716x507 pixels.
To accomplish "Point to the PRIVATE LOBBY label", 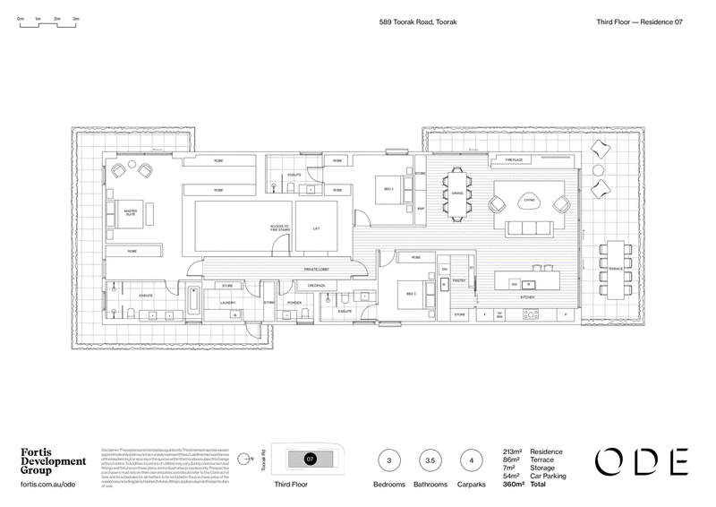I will [x=318, y=268].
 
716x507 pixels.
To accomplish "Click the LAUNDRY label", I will [x=226, y=303].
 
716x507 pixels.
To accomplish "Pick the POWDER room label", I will [x=294, y=303].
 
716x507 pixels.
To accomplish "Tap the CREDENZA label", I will [x=316, y=286].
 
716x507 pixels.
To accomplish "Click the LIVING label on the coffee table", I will [x=530, y=201].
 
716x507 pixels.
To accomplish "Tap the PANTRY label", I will [x=457, y=280].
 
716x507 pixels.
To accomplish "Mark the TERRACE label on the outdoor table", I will [x=616, y=268].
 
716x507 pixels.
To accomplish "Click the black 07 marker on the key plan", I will [x=311, y=459].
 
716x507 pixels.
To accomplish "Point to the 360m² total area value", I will [x=513, y=484].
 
